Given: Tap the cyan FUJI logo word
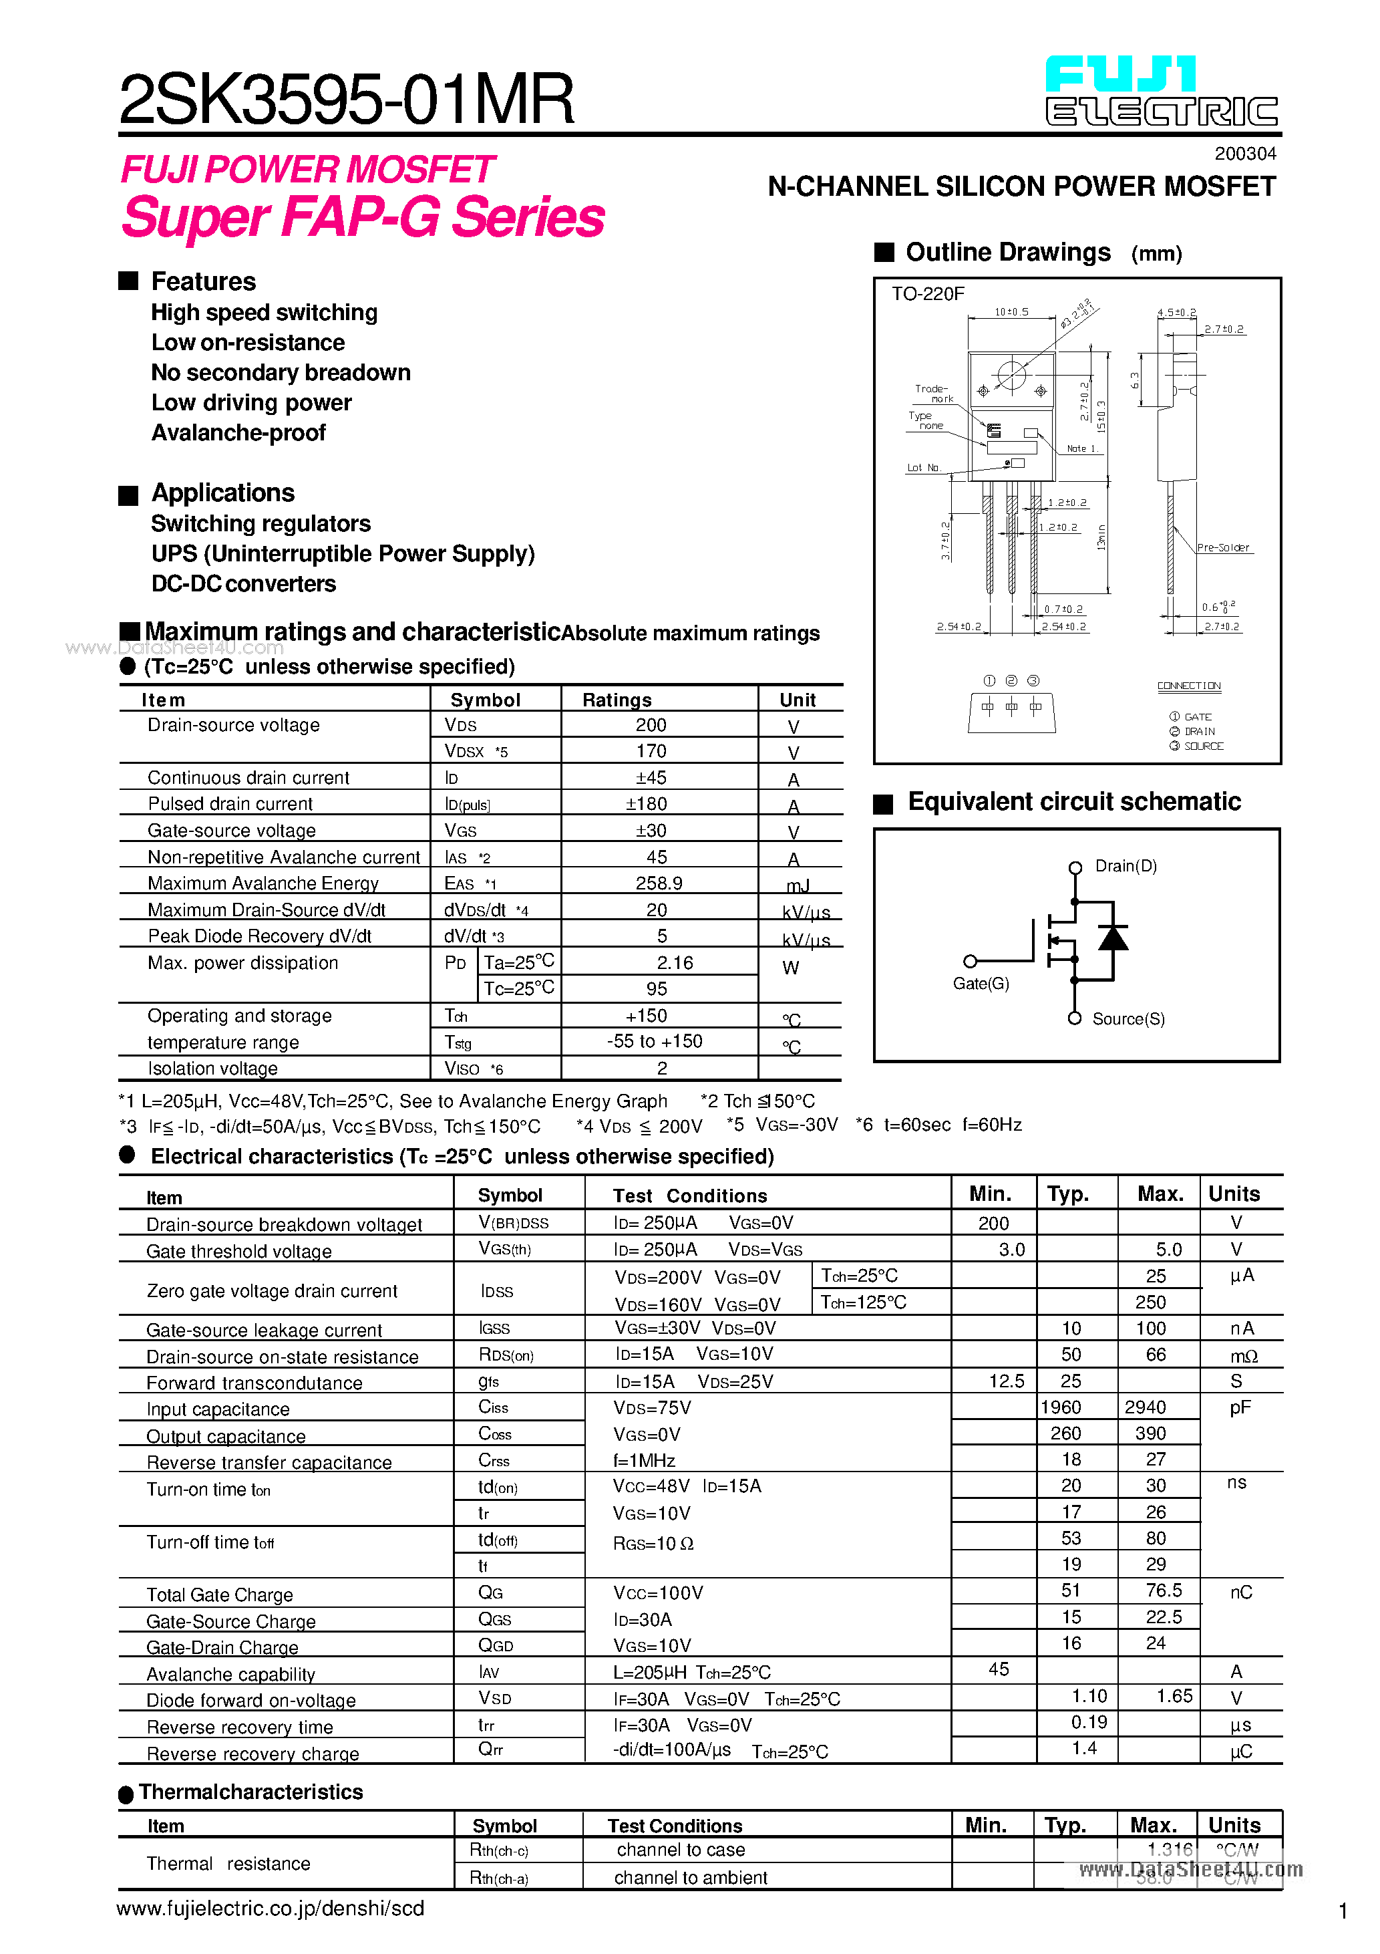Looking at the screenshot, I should tap(1121, 74).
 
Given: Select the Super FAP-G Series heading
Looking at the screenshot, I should tap(363, 217).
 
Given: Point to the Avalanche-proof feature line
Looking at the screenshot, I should tap(238, 433).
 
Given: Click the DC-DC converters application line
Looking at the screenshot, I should tap(243, 584).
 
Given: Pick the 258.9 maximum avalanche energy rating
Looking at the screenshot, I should tap(659, 883).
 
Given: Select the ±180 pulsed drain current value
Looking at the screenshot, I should tap(647, 804).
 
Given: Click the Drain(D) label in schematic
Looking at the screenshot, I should tap(1126, 866).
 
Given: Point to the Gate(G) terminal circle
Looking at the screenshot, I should tap(970, 962).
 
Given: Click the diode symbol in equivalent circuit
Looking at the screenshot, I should tap(1113, 938).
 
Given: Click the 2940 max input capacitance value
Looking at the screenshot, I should tap(1145, 1407).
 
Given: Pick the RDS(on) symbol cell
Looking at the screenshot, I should tap(506, 1355).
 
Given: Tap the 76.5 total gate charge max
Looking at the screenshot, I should tap(1163, 1590).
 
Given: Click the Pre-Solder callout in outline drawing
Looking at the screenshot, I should tap(1222, 548).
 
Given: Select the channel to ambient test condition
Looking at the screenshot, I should tap(690, 1877).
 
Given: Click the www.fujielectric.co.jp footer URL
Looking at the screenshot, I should tap(271, 1908).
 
